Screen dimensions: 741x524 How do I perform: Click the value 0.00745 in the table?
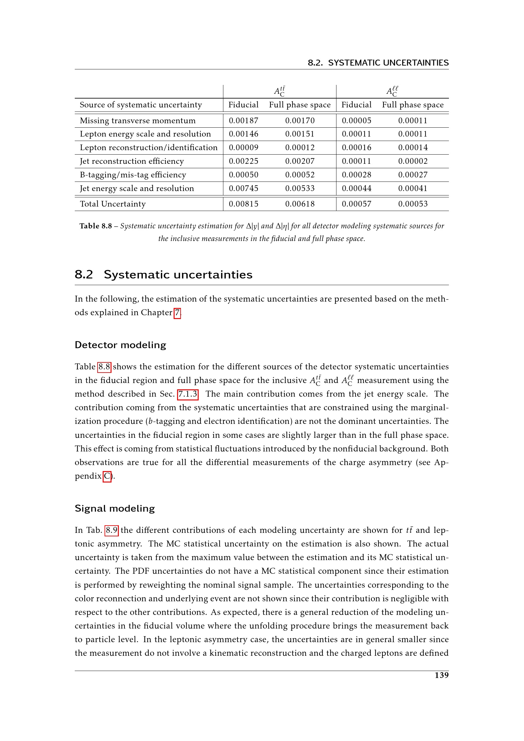243,188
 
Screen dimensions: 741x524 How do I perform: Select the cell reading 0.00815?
243,204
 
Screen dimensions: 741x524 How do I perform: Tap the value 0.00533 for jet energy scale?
300,188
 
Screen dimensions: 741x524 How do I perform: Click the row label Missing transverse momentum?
137,121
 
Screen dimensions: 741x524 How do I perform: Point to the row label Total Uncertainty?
112,204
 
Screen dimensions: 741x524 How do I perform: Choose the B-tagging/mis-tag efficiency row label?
133,175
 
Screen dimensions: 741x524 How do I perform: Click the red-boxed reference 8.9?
112,530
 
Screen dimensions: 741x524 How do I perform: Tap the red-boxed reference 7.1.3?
188,394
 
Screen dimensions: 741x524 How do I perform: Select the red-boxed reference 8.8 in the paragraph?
104,367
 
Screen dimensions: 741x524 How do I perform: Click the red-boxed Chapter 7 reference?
177,313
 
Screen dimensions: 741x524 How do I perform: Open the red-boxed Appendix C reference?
107,476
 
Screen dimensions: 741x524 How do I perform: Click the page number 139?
441,675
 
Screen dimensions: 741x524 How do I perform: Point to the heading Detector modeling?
120,345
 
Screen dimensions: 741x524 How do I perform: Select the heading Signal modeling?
115,509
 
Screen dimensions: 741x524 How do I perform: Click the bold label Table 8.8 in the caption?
95,226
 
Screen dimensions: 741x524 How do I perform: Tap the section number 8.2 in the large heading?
84,275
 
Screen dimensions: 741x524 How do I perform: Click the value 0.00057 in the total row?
356,204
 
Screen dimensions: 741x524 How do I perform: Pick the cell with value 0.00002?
412,161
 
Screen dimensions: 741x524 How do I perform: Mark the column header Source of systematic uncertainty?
141,105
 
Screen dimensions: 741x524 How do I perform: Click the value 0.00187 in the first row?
243,121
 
